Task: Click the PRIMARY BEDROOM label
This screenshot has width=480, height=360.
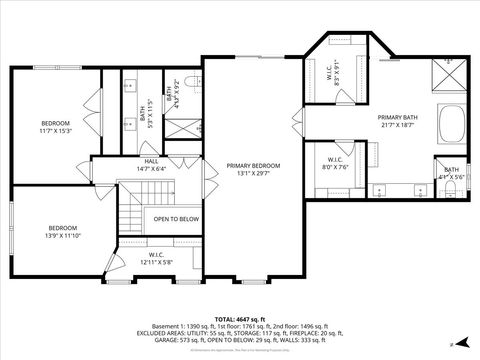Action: (253, 169)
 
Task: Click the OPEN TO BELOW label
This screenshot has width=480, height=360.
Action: (175, 219)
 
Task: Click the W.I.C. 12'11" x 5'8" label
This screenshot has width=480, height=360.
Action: (157, 259)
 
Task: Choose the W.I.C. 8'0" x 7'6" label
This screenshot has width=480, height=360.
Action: (336, 163)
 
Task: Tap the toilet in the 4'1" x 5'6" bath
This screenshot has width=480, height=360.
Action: (452, 189)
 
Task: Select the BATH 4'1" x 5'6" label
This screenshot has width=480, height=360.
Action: (452, 173)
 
